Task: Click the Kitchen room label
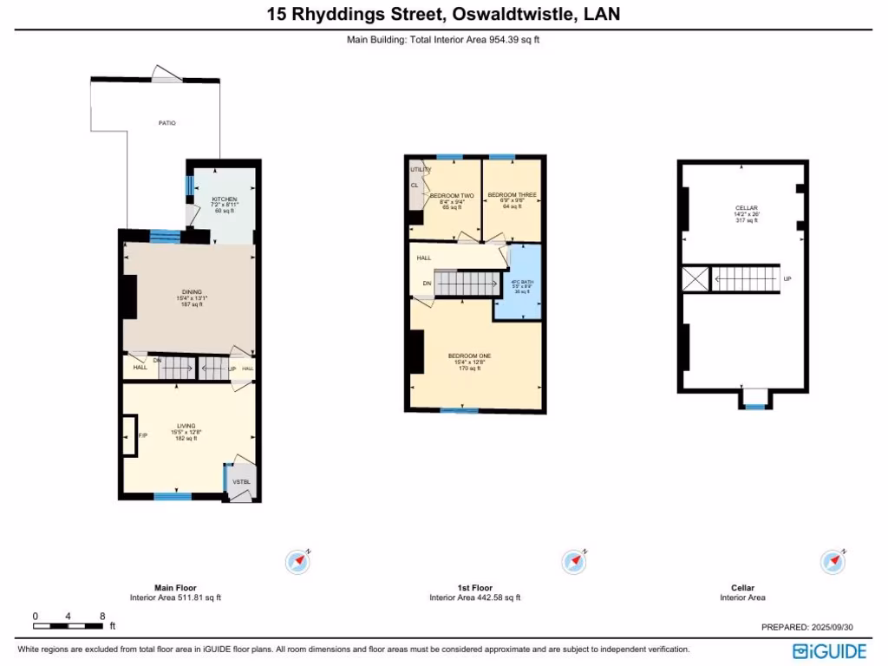coord(225,199)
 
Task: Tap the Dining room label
coord(192,291)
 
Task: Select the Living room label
coord(187,426)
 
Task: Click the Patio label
coord(166,123)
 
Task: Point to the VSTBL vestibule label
coord(240,481)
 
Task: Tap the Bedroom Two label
coord(451,195)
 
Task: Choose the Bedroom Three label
coord(512,194)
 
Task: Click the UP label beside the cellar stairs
coord(787,279)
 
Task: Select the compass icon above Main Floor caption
coord(298,561)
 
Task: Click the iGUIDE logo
coord(830,650)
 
